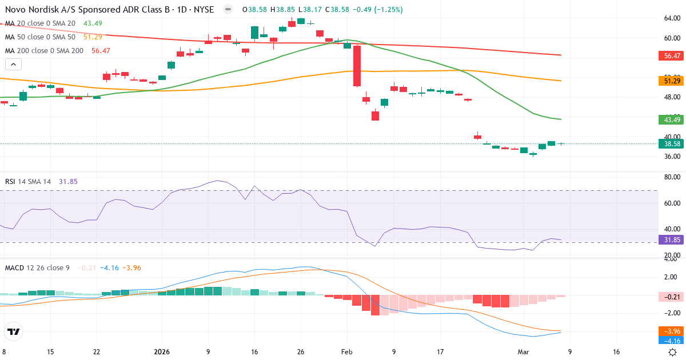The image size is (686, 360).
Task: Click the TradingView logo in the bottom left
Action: [13, 331]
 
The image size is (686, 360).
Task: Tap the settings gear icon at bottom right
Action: [673, 352]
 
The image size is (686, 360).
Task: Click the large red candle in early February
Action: [357, 66]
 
